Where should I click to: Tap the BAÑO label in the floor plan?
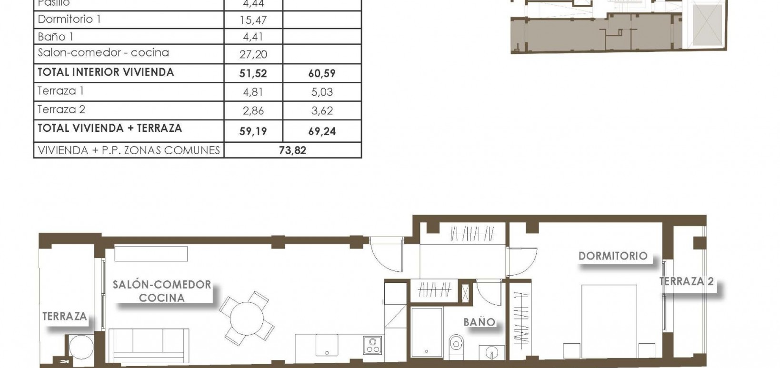pos(479,322)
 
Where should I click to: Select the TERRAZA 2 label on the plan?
pos(686,281)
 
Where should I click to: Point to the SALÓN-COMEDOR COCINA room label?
pos(162,291)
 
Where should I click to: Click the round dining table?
pos(247,318)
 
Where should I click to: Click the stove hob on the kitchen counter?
pos(372,345)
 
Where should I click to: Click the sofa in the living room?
pos(149,345)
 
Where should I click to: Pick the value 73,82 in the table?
pos(292,151)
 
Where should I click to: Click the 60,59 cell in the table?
pos(322,73)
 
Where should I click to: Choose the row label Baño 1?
pos(56,37)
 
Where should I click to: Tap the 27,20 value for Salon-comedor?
pos(253,54)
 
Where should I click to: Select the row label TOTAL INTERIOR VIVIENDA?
pos(106,72)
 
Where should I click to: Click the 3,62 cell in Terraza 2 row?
pos(322,111)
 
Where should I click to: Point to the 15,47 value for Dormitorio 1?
pos(253,20)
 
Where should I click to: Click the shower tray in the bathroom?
pos(426,336)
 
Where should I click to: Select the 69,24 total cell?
pos(322,131)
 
